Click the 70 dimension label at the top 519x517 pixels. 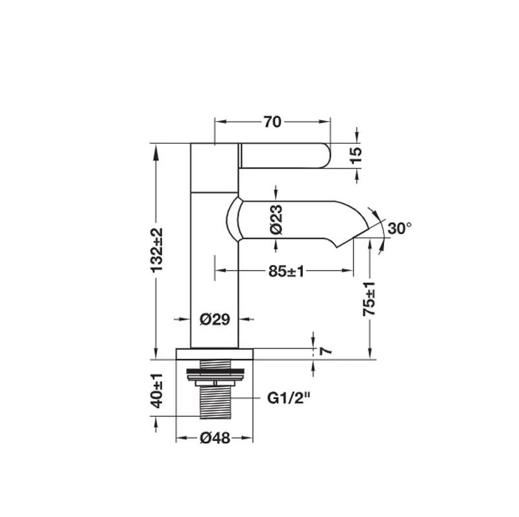coord(272,122)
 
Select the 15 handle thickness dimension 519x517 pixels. coord(356,155)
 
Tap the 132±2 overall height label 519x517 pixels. coord(156,250)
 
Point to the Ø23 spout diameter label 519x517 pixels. coord(276,220)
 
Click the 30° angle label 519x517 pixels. coord(400,228)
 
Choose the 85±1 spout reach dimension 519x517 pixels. coord(286,271)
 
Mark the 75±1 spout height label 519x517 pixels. coord(369,299)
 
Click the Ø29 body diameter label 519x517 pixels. coord(215,319)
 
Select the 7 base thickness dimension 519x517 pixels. coord(326,350)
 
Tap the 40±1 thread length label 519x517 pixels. coord(156,391)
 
